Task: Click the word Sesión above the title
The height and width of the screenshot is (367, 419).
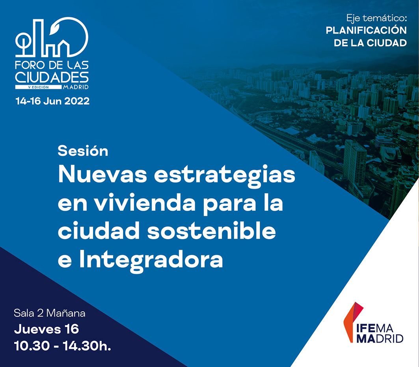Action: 83,151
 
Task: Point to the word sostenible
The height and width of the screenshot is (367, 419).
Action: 212,230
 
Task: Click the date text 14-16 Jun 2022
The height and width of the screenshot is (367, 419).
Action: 52,101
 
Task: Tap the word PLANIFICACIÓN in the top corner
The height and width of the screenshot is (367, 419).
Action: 366,30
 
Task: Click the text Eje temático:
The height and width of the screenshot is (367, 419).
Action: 376,18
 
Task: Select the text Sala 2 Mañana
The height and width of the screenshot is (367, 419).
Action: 50,313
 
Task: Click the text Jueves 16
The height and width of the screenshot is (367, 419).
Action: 47,329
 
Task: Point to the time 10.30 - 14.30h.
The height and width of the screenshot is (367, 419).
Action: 62,346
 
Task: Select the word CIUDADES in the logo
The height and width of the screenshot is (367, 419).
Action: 52,77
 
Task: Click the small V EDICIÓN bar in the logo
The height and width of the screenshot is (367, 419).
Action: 39,87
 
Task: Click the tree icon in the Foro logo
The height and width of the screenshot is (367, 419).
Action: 23,44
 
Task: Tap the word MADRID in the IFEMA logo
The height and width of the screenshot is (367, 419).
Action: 380,338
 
